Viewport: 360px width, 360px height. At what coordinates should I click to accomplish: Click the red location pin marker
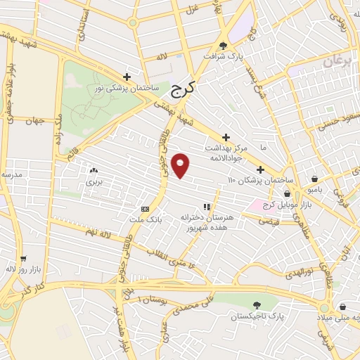tap(181, 165)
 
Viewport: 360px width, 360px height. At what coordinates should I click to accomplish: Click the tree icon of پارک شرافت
tap(224, 43)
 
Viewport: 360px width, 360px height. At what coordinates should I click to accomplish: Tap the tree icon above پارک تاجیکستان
tap(256, 304)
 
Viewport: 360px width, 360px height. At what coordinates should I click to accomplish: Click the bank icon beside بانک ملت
tap(146, 209)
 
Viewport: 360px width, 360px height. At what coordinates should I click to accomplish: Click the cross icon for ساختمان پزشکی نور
tap(127, 77)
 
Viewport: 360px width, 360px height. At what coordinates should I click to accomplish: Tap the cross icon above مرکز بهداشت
tap(226, 137)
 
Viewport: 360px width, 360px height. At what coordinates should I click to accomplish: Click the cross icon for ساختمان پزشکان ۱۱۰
tap(260, 169)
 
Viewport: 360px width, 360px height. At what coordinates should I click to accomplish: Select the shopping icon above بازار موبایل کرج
tap(287, 193)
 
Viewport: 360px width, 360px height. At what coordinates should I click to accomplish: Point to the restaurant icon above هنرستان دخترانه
tap(207, 207)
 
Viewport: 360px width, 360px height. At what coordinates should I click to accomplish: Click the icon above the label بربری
tap(94, 170)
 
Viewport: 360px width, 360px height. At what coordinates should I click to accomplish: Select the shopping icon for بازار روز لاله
tap(23, 258)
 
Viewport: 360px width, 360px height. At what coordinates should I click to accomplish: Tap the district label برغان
tap(337, 63)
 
